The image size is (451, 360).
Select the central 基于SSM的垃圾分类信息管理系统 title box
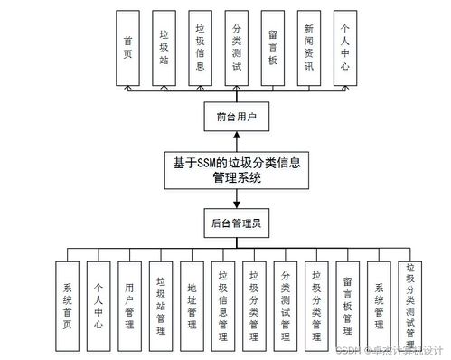tap(236, 169)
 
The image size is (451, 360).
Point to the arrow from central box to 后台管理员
tap(236, 198)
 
